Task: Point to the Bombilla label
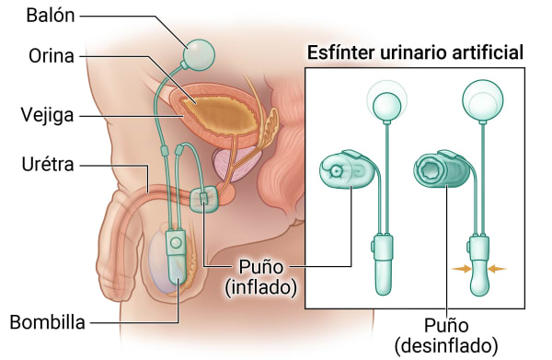[x=47, y=322]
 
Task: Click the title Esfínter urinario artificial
[x=415, y=53]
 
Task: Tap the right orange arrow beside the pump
[x=497, y=269]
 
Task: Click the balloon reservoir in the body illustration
[x=200, y=54]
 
